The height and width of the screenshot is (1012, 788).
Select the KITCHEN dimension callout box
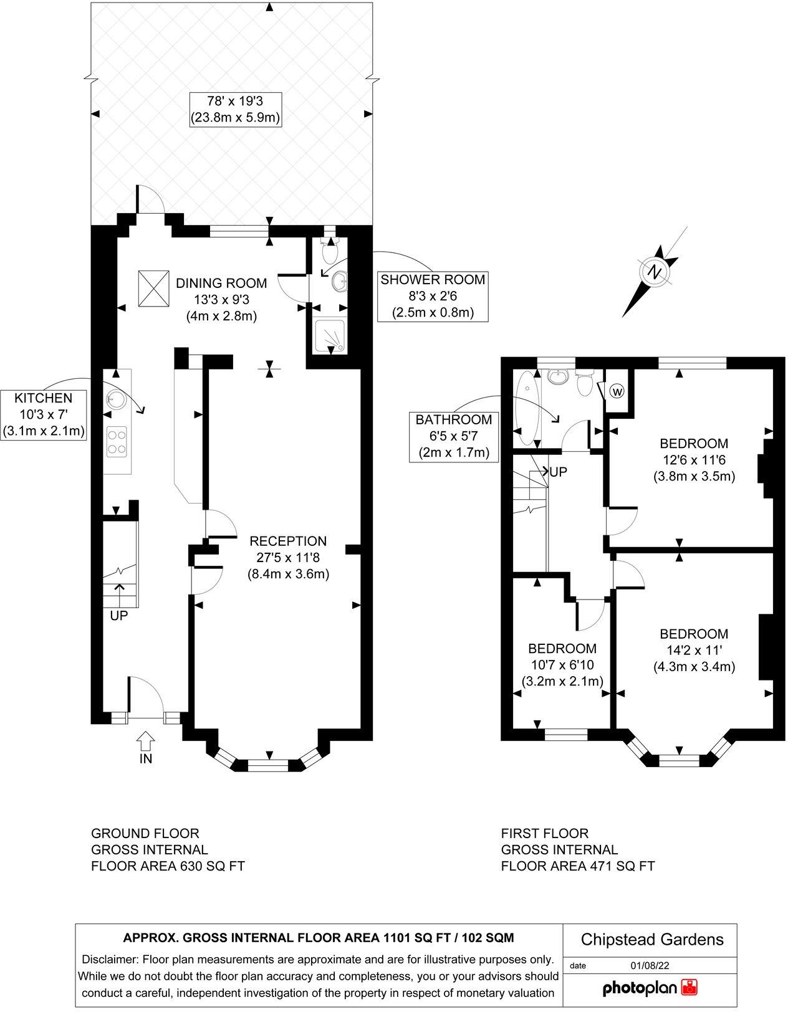tap(44, 414)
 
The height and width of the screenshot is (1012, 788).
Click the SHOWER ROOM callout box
tap(433, 296)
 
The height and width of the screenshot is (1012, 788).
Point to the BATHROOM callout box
tap(453, 436)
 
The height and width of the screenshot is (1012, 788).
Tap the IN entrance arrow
tap(145, 742)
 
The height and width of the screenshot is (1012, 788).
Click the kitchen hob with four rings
tap(117, 440)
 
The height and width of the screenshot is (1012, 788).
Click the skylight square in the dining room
tap(153, 289)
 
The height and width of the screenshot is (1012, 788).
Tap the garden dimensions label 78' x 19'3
tap(236, 109)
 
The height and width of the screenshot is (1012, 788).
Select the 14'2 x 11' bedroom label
tap(694, 650)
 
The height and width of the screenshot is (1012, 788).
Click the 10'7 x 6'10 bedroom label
tap(562, 664)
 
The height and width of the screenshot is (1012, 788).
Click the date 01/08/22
tap(650, 965)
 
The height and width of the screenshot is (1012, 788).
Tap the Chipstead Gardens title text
tap(652, 939)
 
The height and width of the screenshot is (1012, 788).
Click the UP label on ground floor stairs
tap(118, 616)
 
